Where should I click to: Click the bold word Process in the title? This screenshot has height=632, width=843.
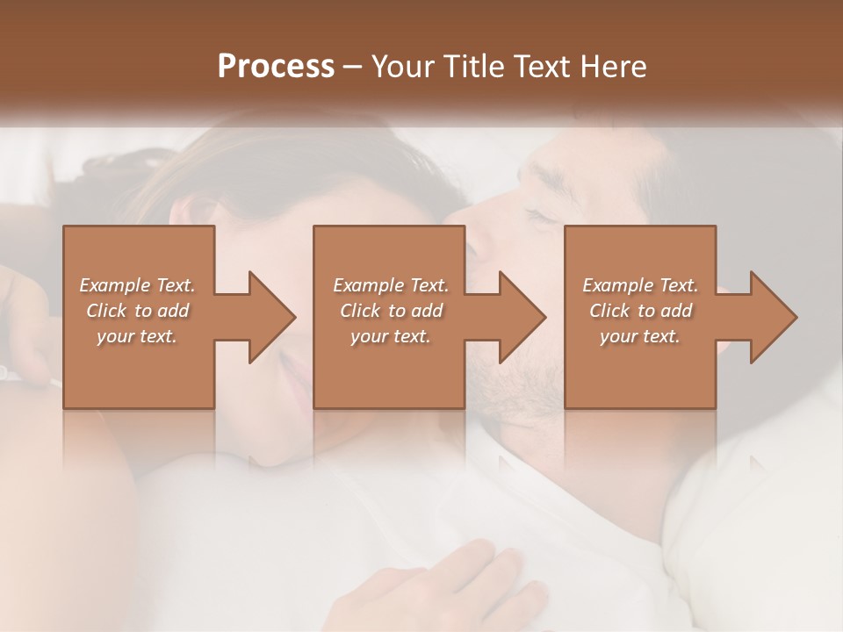276,66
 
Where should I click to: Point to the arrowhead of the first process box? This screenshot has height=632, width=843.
272,317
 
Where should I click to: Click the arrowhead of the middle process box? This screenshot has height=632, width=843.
522,317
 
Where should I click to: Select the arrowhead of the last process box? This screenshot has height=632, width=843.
774,317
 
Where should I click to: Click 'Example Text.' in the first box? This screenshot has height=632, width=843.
137,285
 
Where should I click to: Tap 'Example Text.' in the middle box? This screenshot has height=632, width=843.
391,285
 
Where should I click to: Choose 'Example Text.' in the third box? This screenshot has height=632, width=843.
640,285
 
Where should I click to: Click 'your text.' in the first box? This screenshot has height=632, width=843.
137,336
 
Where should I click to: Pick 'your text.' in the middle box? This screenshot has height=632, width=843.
391,336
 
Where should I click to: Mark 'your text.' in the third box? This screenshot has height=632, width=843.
640,336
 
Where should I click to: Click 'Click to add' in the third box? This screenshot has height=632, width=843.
640,311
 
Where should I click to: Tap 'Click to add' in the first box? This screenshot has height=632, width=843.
137,311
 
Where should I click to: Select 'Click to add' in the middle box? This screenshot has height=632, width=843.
391,311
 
